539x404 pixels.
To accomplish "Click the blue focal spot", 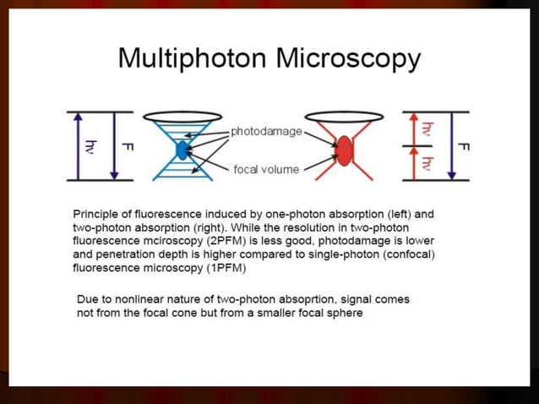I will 182,150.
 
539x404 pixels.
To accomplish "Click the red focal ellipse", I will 344,151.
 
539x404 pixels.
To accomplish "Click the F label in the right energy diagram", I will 463,145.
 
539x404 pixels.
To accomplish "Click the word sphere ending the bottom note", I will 344,313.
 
